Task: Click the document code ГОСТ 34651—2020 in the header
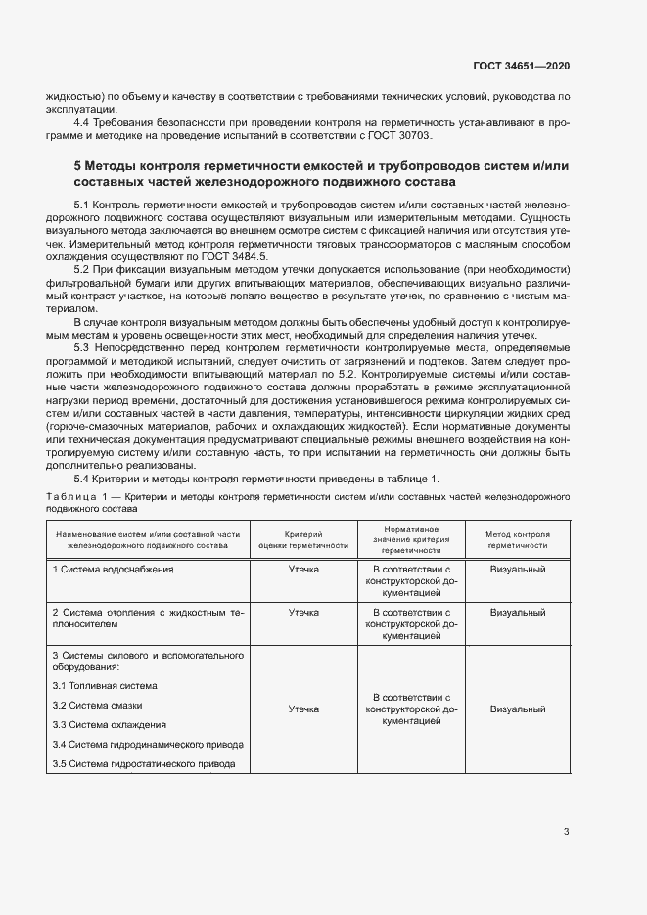(x=520, y=66)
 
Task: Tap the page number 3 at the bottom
(x=566, y=832)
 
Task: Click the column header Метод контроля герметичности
(x=518, y=540)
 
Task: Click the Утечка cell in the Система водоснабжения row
(x=303, y=569)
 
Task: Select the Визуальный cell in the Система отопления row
(x=518, y=612)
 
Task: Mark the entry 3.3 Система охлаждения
(x=109, y=724)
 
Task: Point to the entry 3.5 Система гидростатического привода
(x=144, y=763)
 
